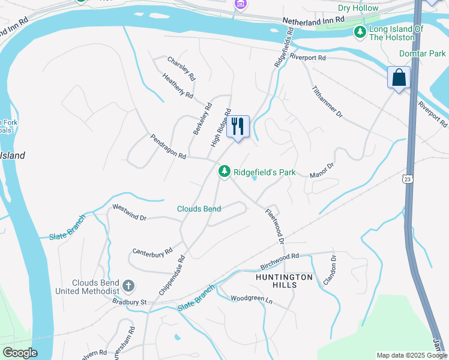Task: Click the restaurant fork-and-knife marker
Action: tap(238, 126)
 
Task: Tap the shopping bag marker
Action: tap(399, 77)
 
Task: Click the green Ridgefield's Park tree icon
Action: tap(224, 172)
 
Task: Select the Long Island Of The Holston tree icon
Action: tap(360, 32)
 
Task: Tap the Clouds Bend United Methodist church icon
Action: tap(128, 286)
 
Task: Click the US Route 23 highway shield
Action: tap(408, 179)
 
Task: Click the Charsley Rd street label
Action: tap(181, 69)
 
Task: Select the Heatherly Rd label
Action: tap(178, 86)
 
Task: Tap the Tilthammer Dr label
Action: tap(327, 101)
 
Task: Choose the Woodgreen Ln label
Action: tap(252, 298)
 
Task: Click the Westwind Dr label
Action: tap(130, 212)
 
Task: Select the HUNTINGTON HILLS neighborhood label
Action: tap(284, 281)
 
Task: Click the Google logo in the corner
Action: tap(19, 353)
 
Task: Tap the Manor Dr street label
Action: tap(321, 170)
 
